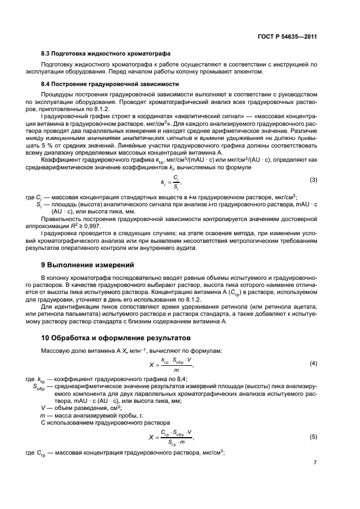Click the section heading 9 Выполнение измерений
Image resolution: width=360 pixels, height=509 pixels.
[x=87, y=265]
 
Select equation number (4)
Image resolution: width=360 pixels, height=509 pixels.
[x=313, y=363]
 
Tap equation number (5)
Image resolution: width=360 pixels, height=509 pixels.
[x=313, y=437]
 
